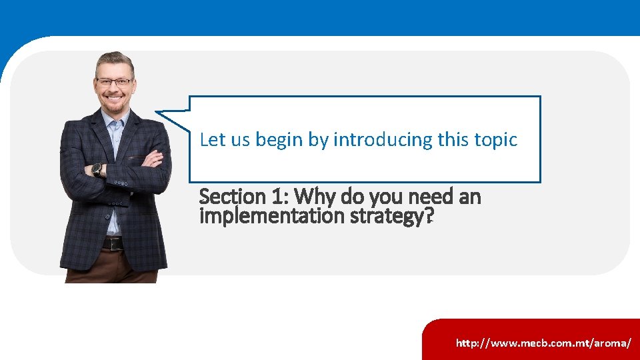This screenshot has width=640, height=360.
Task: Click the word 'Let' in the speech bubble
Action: click(x=213, y=140)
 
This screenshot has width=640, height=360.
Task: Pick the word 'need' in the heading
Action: click(x=425, y=197)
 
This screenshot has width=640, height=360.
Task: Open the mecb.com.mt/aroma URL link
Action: click(x=543, y=343)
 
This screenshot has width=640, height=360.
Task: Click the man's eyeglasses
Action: click(x=114, y=82)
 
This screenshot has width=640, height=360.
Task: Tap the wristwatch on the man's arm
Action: click(x=97, y=169)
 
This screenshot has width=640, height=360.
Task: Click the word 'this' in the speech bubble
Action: click(x=453, y=140)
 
